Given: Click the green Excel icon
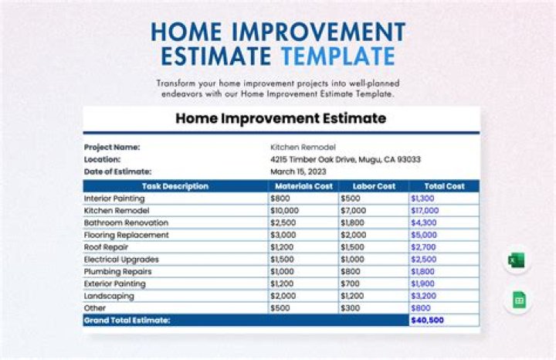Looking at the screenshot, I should (x=517, y=260).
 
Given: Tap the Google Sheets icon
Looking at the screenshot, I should (x=517, y=300).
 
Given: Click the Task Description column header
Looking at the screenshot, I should (x=175, y=186).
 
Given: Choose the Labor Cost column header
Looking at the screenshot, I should (x=373, y=186).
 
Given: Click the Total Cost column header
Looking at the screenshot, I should (x=444, y=186).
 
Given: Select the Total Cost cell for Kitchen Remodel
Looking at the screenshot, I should (x=425, y=210).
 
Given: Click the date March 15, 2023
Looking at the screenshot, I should (x=300, y=172).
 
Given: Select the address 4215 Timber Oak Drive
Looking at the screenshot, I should (x=345, y=159).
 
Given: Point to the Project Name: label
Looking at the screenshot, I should (x=112, y=147).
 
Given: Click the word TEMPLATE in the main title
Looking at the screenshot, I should (x=338, y=56).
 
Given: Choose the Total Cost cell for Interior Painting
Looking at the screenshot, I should (x=423, y=199).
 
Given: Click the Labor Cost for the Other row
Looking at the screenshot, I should (x=349, y=308).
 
